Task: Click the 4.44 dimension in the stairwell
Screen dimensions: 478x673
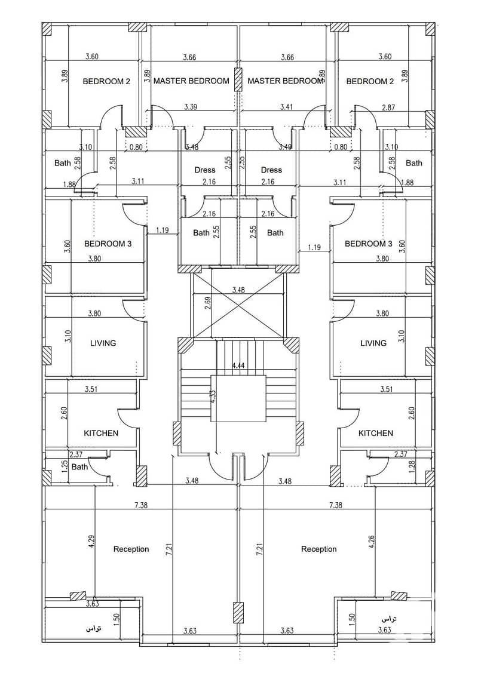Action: point(238,365)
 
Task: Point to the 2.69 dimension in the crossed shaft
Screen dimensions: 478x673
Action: point(209,303)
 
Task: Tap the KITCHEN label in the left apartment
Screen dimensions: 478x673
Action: point(101,433)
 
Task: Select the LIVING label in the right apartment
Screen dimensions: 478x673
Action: point(373,343)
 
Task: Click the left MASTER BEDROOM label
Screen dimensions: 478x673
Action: point(191,81)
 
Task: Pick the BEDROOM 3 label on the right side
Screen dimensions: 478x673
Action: point(369,244)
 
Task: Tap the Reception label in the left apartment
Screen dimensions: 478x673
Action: point(131,549)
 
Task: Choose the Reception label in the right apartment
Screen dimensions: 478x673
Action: point(318,549)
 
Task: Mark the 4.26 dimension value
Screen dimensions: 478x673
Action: point(372,541)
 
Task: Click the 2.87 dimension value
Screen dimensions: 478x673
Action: point(388,107)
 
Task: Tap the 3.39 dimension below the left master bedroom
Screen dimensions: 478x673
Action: point(191,107)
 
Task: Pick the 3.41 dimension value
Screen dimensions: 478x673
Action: point(286,107)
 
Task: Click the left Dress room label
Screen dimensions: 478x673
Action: point(205,170)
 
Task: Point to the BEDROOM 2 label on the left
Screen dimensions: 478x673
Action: point(106,81)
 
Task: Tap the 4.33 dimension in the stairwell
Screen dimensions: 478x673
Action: point(213,396)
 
